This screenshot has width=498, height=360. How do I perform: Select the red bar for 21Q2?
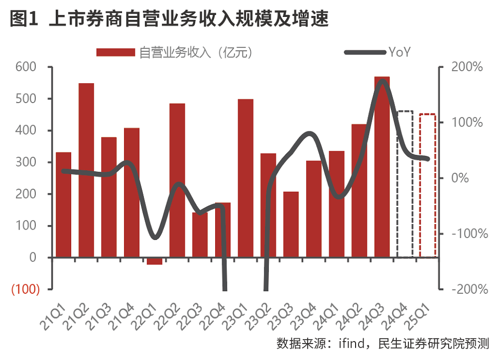pyautogui.click(x=86, y=170)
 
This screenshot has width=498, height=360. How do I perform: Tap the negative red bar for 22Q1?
pyautogui.click(x=154, y=261)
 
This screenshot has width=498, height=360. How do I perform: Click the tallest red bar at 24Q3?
pyautogui.click(x=382, y=167)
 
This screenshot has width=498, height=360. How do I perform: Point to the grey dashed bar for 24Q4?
pyautogui.click(x=405, y=184)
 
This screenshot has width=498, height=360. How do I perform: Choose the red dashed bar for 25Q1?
pyautogui.click(x=427, y=185)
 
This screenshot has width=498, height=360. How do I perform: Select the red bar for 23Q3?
pyautogui.click(x=291, y=224)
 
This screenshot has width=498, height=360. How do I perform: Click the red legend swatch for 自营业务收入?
pyautogui.click(x=116, y=52)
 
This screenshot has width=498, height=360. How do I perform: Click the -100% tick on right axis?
pyautogui.click(x=466, y=234)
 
